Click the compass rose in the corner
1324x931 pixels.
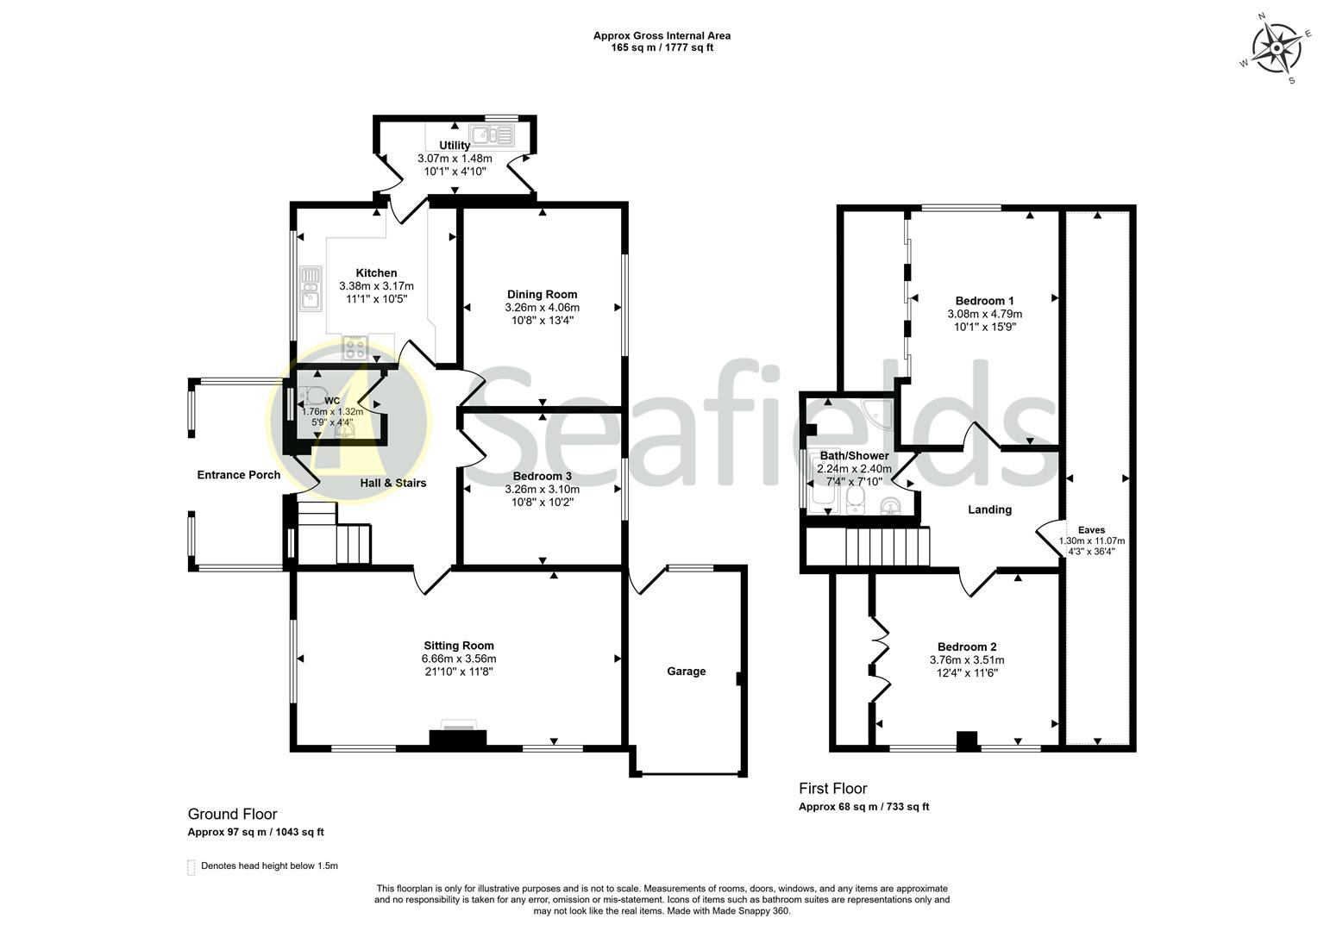(1276, 48)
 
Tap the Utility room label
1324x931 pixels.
(455, 145)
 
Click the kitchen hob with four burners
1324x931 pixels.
(355, 347)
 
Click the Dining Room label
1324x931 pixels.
(542, 294)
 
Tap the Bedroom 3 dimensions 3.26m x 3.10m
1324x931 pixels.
(542, 489)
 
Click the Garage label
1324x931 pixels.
(686, 671)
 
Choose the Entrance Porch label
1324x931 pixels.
(238, 474)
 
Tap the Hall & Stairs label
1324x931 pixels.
(392, 483)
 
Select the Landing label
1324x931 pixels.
(989, 509)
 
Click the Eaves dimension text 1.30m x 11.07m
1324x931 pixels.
(1091, 540)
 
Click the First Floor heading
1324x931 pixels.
(832, 788)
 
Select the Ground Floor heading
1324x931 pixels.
(232, 814)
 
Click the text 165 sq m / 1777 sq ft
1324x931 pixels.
(662, 47)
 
